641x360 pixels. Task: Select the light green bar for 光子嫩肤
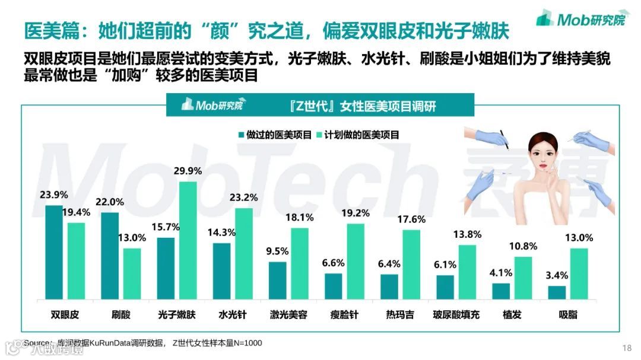(x=188, y=241)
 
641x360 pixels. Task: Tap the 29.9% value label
(x=188, y=171)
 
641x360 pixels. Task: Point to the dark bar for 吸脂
(x=556, y=293)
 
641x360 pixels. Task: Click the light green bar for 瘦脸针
(x=355, y=262)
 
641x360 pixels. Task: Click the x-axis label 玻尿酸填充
(x=456, y=314)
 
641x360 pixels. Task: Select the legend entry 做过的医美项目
(x=274, y=135)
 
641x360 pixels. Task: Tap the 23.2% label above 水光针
(x=243, y=198)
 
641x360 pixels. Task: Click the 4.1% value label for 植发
(x=501, y=273)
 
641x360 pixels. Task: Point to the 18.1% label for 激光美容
(x=299, y=217)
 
